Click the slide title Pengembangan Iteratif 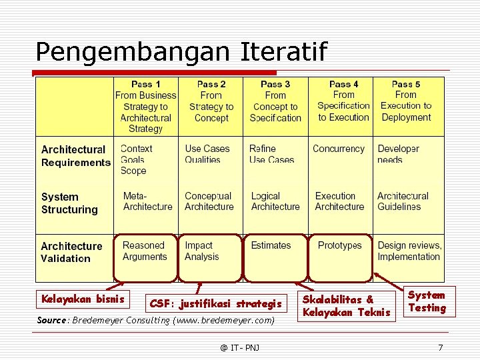tap(181, 51)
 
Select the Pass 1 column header tap(145, 106)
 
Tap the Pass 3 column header tap(275, 101)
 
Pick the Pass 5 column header tap(406, 101)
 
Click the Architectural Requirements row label tap(75, 156)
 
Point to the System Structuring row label tap(69, 203)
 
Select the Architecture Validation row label tap(71, 252)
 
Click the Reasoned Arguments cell tap(145, 251)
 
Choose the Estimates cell tap(271, 246)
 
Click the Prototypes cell tap(339, 246)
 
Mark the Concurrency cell tap(339, 149)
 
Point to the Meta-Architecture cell tap(147, 201)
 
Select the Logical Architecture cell tap(275, 201)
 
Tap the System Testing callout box tap(427, 301)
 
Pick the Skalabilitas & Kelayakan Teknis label tap(346, 306)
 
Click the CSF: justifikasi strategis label tap(215, 304)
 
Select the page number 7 tap(440, 347)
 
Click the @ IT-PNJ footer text tap(240, 347)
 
